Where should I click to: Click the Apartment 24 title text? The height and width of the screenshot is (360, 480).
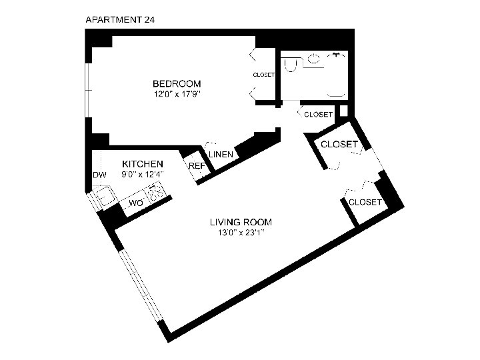coord(121,19)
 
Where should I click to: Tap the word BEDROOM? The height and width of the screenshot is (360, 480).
coord(177,83)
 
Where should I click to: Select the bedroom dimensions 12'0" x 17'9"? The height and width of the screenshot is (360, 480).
coord(177,94)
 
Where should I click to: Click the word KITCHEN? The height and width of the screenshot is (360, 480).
coord(142,164)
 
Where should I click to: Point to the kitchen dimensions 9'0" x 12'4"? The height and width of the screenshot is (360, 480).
coord(142,174)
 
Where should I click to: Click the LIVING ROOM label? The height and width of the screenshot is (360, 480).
coord(241,222)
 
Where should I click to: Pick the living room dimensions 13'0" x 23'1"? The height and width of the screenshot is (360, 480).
coord(241,233)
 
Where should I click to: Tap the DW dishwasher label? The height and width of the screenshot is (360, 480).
coord(99,175)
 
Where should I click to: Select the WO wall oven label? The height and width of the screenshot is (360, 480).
coord(135,202)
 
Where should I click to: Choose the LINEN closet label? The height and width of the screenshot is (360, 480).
coord(221,155)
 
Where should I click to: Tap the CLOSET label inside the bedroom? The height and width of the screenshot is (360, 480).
coord(264,75)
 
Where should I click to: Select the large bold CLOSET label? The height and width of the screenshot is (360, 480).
coord(339,144)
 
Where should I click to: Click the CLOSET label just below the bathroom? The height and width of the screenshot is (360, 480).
coord(318,115)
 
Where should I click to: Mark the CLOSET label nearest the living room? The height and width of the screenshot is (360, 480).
coord(365,202)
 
